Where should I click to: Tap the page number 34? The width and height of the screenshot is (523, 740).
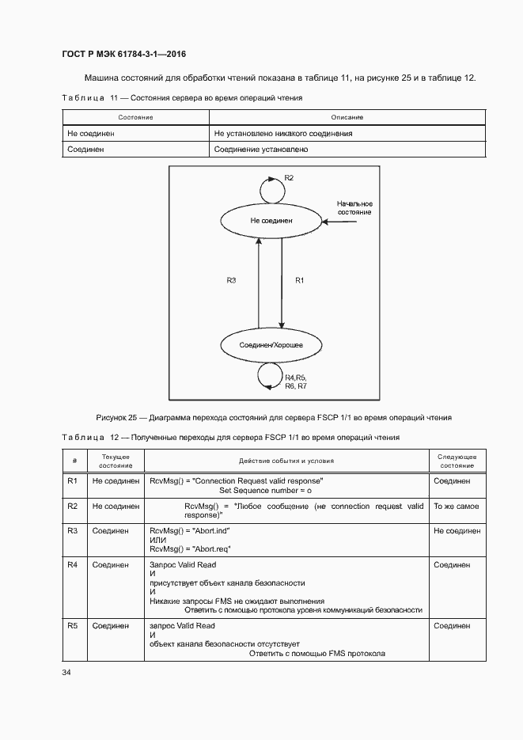(66, 673)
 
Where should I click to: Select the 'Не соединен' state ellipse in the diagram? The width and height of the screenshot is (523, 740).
(270, 221)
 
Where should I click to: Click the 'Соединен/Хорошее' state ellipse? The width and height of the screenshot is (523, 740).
(271, 346)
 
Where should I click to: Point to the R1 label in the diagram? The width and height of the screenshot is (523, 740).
(299, 280)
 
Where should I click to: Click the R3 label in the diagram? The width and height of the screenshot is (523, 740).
(231, 280)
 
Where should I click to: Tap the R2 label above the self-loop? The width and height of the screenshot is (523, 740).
(289, 178)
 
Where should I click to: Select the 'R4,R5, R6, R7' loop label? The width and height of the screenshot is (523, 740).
(295, 381)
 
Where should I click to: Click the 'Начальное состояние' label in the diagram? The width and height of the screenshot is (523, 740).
(354, 208)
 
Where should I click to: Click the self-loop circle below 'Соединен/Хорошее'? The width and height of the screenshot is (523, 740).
(270, 376)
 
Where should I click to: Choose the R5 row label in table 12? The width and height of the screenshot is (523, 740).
(72, 625)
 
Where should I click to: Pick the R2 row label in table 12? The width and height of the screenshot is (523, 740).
(72, 506)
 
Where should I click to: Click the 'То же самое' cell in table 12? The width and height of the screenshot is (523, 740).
(456, 506)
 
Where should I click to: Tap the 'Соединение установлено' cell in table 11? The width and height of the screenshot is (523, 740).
(261, 149)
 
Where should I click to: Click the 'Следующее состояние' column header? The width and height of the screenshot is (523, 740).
(457, 461)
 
